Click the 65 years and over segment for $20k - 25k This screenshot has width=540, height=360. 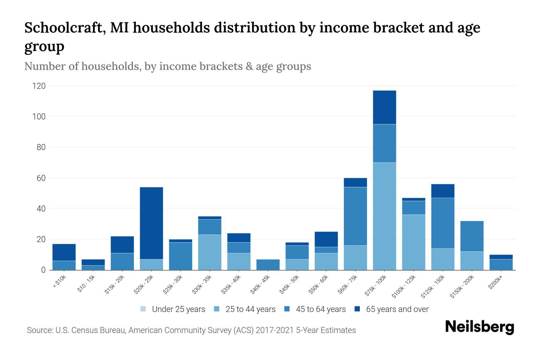[x=151, y=223]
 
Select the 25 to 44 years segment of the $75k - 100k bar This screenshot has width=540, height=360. [x=384, y=216]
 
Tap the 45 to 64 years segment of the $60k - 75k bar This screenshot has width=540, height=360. [x=355, y=216]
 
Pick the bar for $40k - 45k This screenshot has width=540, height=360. [x=268, y=265]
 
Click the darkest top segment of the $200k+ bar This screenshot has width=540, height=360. [x=501, y=257]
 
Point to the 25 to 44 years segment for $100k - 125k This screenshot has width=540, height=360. [x=413, y=242]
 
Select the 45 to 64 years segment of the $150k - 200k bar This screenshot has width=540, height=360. [x=472, y=236]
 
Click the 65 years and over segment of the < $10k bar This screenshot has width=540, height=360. [x=64, y=252]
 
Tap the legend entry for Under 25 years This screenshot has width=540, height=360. [x=172, y=309]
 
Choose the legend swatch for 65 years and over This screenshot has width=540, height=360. [x=357, y=309]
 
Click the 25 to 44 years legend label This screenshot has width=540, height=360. [x=250, y=309]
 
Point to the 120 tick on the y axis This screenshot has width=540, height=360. [x=39, y=86]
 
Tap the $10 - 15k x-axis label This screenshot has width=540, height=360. [x=86, y=283]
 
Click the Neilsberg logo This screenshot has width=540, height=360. [x=479, y=327]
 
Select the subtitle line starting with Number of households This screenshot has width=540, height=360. [x=167, y=66]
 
